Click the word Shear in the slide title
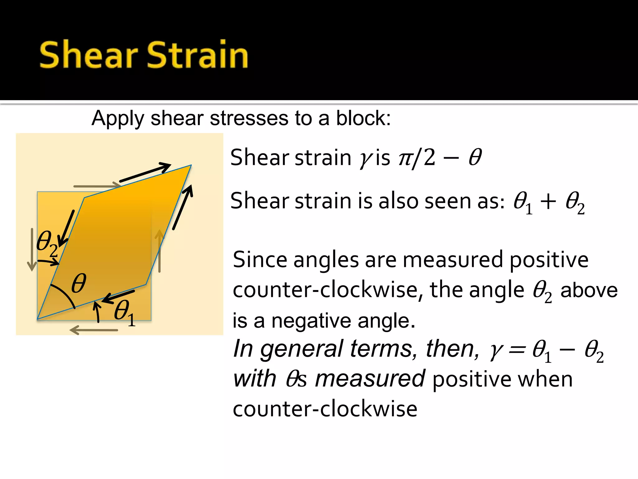pyautogui.click(x=88, y=55)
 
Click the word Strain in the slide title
pyautogui.click(x=197, y=55)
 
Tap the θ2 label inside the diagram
pyautogui.click(x=47, y=243)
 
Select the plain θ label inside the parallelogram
pyautogui.click(x=79, y=283)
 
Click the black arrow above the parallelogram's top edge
pyautogui.click(x=145, y=172)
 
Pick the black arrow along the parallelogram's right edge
pyautogui.click(x=183, y=207)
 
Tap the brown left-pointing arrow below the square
pyautogui.click(x=93, y=330)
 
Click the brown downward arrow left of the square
pyautogui.click(x=32, y=249)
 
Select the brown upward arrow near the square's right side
pyautogui.click(x=159, y=251)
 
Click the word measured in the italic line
pyautogui.click(x=370, y=379)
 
